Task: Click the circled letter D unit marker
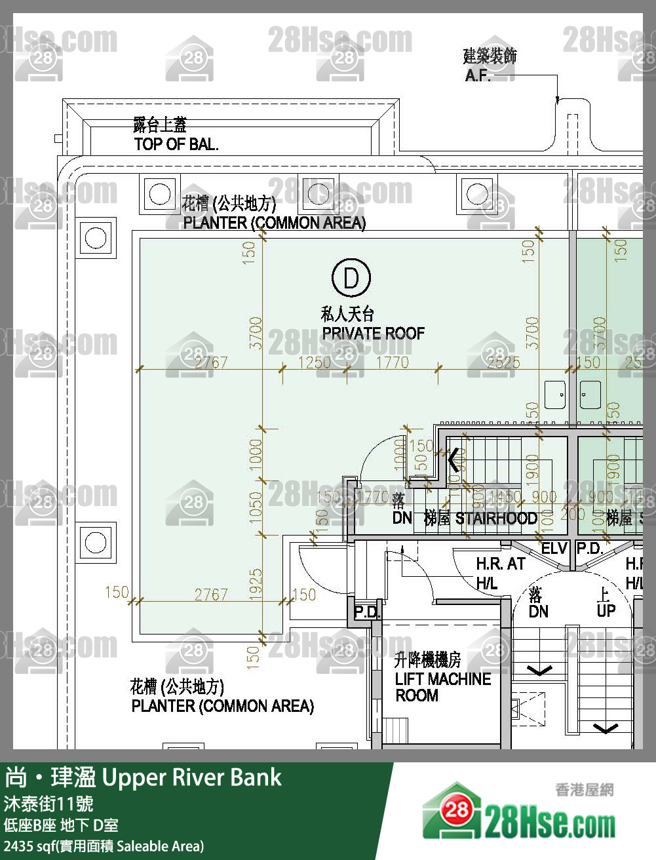click(351, 278)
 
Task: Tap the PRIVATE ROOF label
click(373, 333)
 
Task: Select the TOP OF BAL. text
click(176, 144)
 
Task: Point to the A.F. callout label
click(478, 75)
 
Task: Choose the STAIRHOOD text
click(496, 518)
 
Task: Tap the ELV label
click(554, 548)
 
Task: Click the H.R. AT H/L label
click(499, 573)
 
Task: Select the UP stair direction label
click(606, 610)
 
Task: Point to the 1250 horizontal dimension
click(315, 362)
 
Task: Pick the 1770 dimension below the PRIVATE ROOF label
click(392, 362)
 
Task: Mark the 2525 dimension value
click(503, 362)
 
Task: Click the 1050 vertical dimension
click(256, 507)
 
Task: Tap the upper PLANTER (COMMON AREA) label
click(274, 223)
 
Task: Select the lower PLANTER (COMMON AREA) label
click(222, 706)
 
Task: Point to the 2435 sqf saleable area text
click(104, 846)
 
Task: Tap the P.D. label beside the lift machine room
click(367, 612)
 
